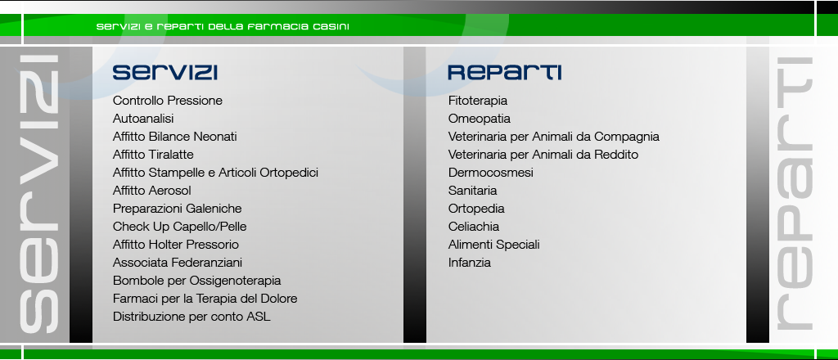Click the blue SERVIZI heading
click(x=164, y=72)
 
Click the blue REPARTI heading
click(x=504, y=72)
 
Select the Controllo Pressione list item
click(x=167, y=101)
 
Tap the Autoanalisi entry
click(x=143, y=119)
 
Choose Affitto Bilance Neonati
click(x=175, y=137)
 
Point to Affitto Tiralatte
click(x=153, y=155)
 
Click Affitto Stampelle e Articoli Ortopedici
click(x=215, y=173)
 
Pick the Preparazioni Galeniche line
click(x=177, y=209)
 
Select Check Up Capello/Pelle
click(x=179, y=227)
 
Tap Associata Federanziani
click(x=178, y=263)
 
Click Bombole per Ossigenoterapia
click(x=196, y=281)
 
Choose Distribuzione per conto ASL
click(x=191, y=316)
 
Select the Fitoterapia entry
click(x=478, y=101)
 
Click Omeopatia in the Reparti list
click(x=480, y=119)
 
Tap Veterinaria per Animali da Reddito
click(x=543, y=155)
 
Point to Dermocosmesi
click(x=491, y=173)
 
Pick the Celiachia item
click(x=474, y=227)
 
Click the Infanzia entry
click(x=469, y=263)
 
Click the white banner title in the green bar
click(x=223, y=26)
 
